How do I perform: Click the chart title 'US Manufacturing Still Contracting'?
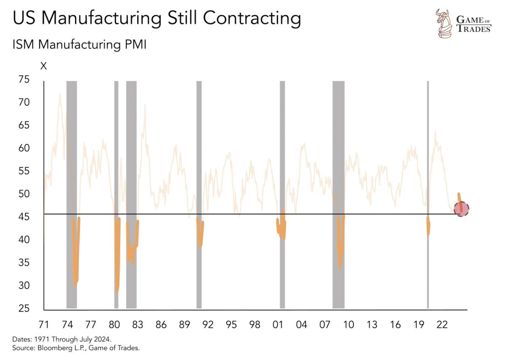(x=157, y=19)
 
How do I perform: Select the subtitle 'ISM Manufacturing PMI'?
(x=80, y=44)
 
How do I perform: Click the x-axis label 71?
(x=44, y=325)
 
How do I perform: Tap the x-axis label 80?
(x=115, y=325)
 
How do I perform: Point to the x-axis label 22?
(x=442, y=325)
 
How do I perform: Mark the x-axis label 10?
(x=348, y=325)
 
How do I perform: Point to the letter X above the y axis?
(x=43, y=66)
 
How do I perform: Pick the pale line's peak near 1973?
(x=60, y=94)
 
